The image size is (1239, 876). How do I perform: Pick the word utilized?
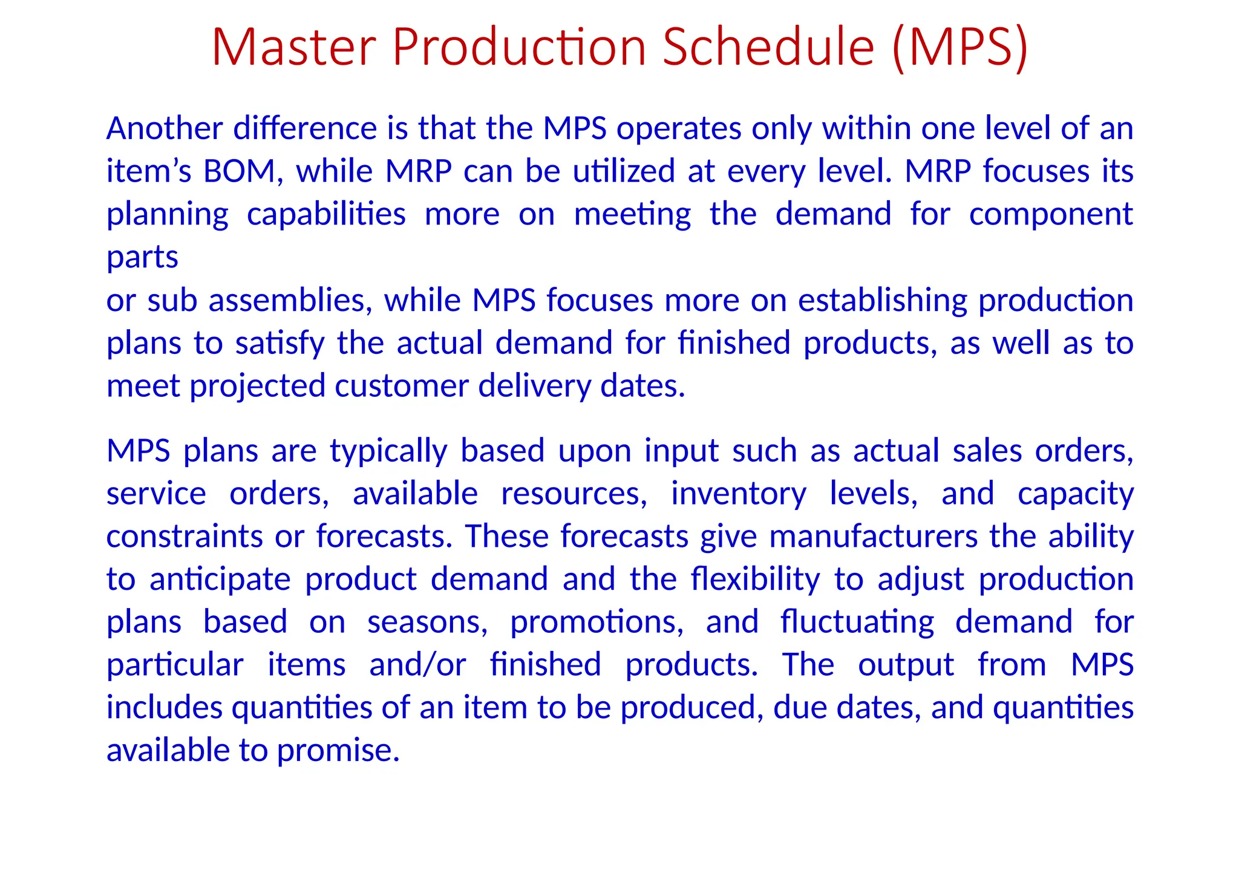(x=624, y=171)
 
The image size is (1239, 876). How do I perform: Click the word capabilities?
(x=326, y=215)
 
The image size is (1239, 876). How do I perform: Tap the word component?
(x=1051, y=215)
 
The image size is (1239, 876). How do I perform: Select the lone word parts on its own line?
(x=142, y=257)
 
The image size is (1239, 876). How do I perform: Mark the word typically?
(x=388, y=451)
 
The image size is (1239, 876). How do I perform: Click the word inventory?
(x=738, y=494)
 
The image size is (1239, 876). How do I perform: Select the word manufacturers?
(x=873, y=537)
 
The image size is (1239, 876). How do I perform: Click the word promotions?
(x=597, y=622)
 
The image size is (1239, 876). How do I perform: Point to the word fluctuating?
(x=857, y=622)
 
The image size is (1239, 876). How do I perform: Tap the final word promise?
(x=338, y=751)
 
